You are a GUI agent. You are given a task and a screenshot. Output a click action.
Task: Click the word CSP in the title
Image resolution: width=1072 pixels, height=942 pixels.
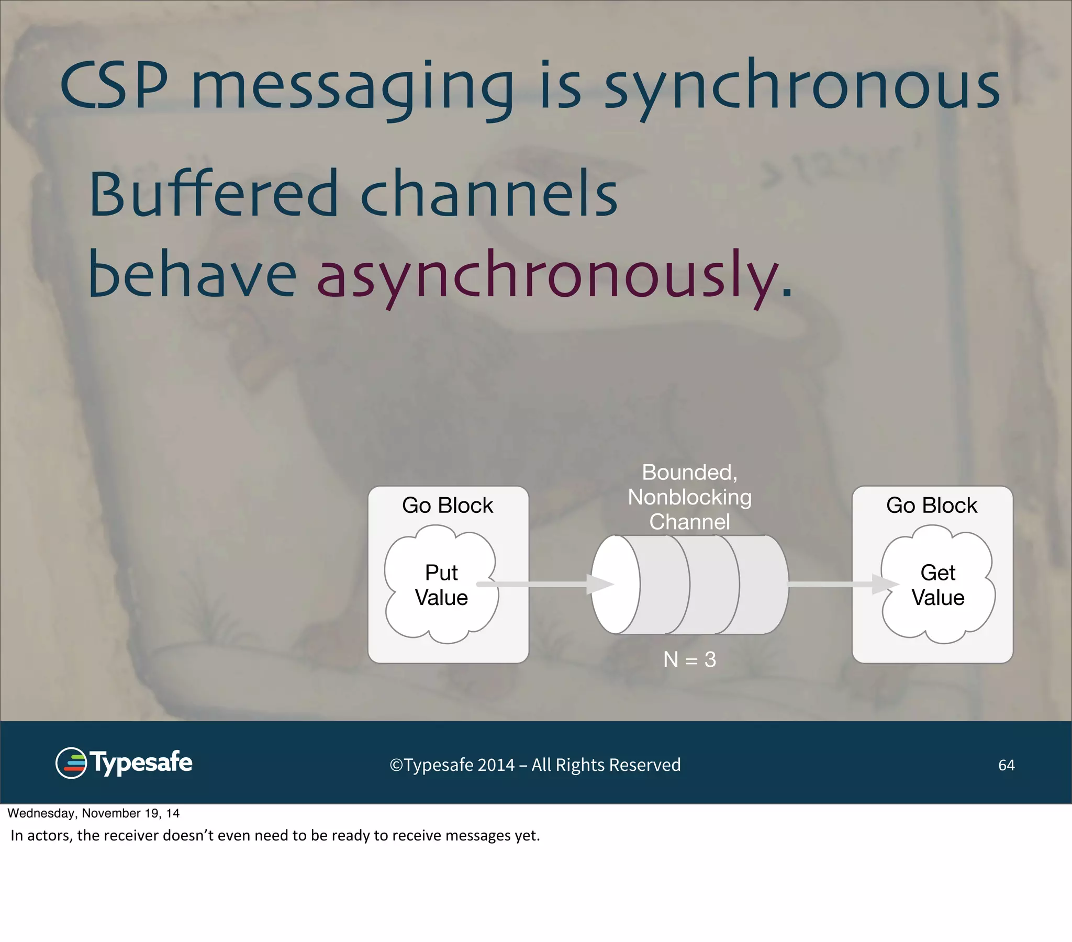pos(114,85)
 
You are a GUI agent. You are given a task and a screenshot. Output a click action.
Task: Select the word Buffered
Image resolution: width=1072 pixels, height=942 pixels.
pos(213,194)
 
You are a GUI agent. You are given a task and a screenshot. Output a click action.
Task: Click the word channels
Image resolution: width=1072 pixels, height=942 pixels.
pos(489,194)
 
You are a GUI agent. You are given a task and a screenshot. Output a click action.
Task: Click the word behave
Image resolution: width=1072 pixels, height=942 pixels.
pos(192,275)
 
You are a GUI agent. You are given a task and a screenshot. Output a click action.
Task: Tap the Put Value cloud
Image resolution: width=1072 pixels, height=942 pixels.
pos(441,585)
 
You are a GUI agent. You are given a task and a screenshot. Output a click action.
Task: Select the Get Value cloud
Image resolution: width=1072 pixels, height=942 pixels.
pos(937,585)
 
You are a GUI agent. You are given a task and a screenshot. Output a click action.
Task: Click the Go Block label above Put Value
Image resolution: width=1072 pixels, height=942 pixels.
pos(448,506)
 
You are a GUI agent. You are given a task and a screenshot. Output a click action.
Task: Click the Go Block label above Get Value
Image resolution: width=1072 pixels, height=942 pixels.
pos(931,506)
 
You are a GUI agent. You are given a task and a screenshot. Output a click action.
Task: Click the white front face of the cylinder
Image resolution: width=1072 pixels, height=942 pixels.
pos(615,585)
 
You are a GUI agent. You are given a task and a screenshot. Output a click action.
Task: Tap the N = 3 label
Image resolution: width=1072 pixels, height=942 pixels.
pos(689,659)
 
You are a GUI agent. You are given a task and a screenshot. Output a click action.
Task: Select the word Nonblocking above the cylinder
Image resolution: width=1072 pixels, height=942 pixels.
pos(689,497)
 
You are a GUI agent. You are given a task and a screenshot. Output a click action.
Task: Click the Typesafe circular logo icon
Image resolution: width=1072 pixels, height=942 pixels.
pos(71,763)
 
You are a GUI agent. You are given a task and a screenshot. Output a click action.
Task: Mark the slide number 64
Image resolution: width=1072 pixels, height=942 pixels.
pos(1006,765)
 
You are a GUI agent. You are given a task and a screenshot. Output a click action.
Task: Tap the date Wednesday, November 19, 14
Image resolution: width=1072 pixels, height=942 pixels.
pos(93,813)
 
